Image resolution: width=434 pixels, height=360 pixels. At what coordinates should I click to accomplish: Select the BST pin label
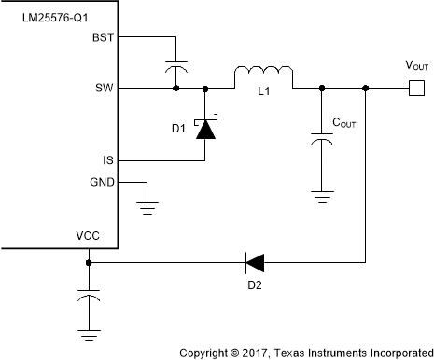103,38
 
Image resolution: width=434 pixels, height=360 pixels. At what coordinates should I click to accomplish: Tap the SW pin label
105,89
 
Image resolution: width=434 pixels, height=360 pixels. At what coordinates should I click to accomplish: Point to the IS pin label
108,160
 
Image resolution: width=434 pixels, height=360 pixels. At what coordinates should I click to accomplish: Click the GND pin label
101,182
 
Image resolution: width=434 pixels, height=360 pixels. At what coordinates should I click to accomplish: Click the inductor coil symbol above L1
263,74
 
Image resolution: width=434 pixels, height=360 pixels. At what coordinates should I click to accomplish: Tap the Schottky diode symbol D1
204,128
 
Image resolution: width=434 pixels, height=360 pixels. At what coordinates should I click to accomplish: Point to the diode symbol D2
253,262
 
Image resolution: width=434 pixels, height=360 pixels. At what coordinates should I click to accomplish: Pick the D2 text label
253,284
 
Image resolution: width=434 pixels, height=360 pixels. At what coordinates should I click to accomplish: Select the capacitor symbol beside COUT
321,140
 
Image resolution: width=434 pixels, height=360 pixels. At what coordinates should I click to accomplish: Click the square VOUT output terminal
416,89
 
